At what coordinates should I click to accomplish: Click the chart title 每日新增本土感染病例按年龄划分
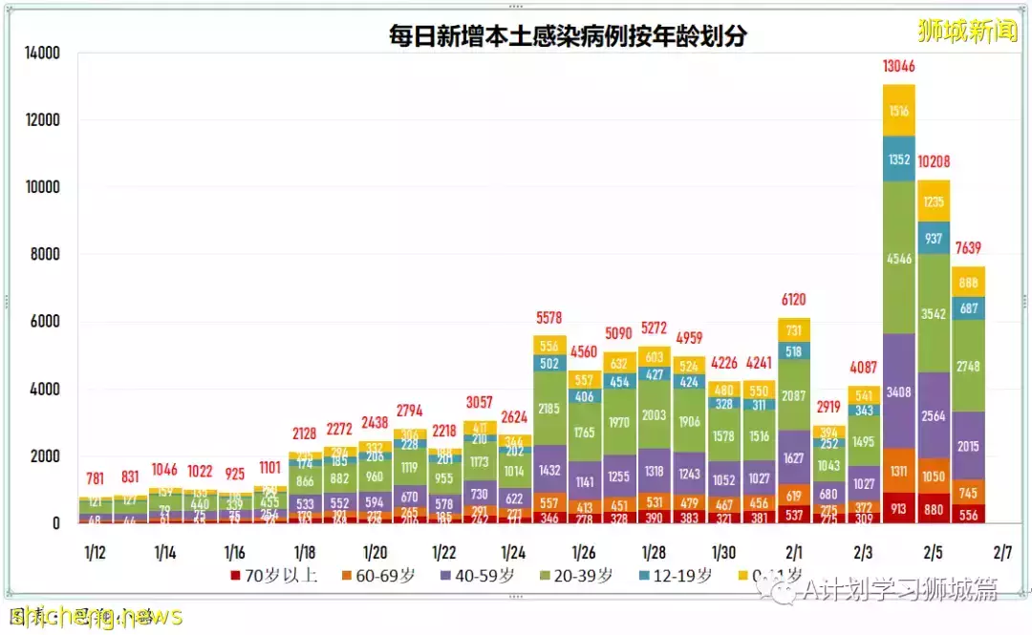coord(568,36)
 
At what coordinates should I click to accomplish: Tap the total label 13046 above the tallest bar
coord(899,67)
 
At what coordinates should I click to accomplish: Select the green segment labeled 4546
coord(899,258)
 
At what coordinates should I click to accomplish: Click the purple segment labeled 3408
coord(899,391)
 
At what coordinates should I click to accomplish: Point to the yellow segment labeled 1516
coord(899,110)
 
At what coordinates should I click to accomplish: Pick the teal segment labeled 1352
coord(899,159)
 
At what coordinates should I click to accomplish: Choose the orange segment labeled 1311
coord(899,471)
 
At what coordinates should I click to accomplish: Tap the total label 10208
coord(934,161)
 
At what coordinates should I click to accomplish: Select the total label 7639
coord(969,249)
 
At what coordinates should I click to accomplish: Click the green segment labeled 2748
coord(969,366)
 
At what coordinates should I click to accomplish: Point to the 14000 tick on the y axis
coord(42,53)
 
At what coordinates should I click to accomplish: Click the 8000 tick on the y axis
coord(46,255)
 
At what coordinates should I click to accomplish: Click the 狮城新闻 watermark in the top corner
coord(967,31)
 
